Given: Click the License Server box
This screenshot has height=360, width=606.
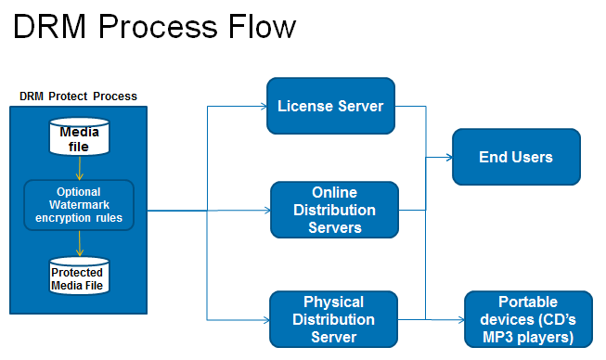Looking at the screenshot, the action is point(330,106).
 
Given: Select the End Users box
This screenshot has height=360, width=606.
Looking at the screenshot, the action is point(516,157).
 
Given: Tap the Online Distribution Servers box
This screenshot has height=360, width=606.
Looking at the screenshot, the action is point(335,210).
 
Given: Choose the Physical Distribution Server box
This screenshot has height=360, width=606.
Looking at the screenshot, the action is point(333,319).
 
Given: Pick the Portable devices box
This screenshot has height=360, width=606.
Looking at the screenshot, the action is point(528,319).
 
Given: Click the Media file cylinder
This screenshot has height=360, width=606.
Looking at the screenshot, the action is point(79,136).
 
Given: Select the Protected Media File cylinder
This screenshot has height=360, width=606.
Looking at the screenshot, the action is point(79,276).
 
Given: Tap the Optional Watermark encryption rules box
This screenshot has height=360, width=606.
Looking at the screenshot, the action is point(79,205).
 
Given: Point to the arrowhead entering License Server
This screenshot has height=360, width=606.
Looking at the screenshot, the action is point(264,106).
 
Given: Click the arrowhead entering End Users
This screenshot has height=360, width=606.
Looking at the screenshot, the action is point(449,157).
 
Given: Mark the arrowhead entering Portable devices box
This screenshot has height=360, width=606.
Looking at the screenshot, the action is point(461,319).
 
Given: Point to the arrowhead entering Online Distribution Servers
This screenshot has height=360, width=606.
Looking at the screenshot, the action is point(267,210).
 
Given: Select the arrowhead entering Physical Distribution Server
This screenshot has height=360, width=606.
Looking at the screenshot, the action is point(266,320).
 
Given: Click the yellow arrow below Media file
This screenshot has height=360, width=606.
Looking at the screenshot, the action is point(79,168).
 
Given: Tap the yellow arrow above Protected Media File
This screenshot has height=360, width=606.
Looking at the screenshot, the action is point(79,243).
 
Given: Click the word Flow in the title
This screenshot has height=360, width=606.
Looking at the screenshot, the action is point(262,27).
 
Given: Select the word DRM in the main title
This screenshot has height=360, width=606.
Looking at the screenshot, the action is point(49,27).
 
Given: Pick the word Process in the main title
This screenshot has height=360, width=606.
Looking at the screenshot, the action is point(158,27).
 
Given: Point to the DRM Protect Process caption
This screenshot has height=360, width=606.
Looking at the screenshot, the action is point(78,96).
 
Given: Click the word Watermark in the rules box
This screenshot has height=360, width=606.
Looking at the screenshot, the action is point(79,205).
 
